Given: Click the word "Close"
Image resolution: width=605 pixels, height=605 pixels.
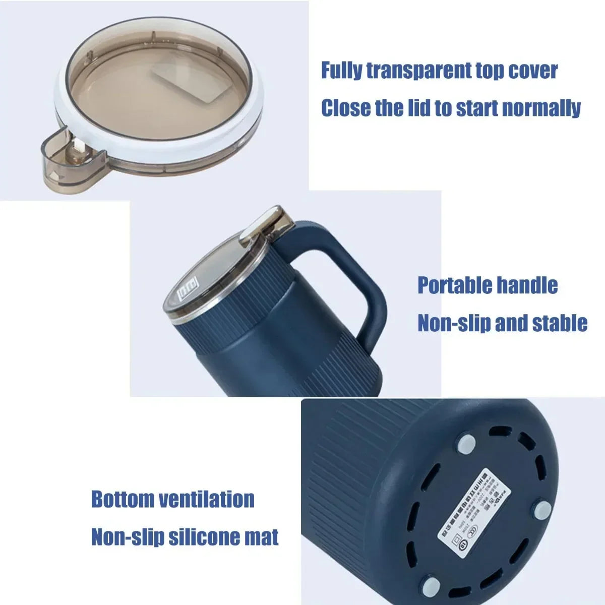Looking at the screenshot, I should (x=345, y=108).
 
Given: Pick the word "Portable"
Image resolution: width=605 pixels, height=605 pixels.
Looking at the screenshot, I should (x=454, y=285).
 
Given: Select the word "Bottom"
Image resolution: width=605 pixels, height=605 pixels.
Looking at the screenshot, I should (x=123, y=499).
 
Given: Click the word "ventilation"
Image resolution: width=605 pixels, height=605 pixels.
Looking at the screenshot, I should (x=207, y=499).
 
